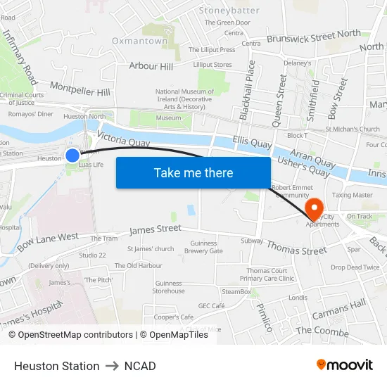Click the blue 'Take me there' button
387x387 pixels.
click(x=193, y=172)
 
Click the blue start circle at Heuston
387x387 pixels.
click(x=72, y=155)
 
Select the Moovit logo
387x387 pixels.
click(x=344, y=365)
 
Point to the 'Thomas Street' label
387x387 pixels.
click(x=296, y=246)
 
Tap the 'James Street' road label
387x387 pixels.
click(x=155, y=229)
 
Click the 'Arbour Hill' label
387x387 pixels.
click(x=151, y=66)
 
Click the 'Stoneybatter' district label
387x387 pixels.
click(x=229, y=11)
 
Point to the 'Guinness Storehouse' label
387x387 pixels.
click(x=169, y=287)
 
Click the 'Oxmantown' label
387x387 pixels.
click(x=140, y=41)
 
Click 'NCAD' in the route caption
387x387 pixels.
click(x=140, y=366)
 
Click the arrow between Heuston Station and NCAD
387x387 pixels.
click(x=112, y=366)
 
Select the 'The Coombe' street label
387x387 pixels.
click(x=322, y=330)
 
